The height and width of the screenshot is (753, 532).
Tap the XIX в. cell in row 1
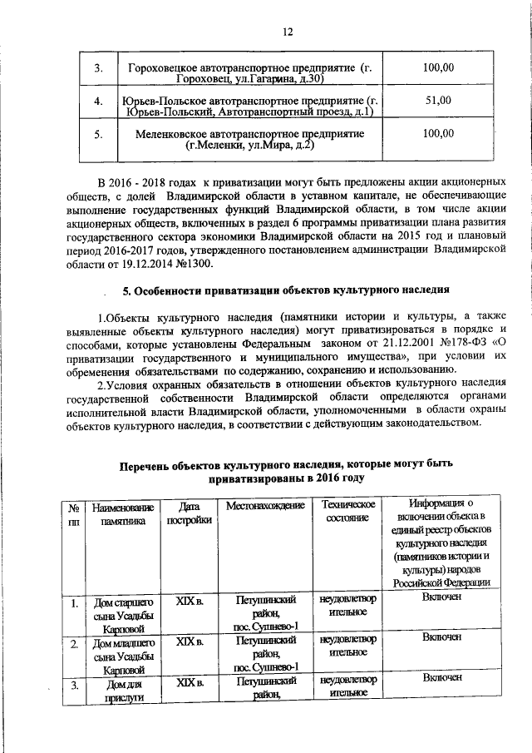[189, 599]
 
